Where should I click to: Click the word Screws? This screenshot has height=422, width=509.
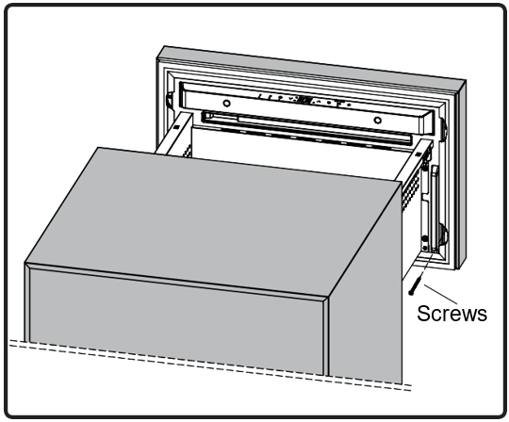pyautogui.click(x=452, y=314)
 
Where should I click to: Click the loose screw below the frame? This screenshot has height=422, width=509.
pyautogui.click(x=416, y=284)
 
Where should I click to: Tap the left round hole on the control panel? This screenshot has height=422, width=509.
pyautogui.click(x=226, y=104)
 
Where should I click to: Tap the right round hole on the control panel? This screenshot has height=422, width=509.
pyautogui.click(x=377, y=121)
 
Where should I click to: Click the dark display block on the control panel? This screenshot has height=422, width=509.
pyautogui.click(x=304, y=100)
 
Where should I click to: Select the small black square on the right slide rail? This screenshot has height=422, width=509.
pyautogui.click(x=419, y=154)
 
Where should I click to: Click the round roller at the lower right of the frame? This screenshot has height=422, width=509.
pyautogui.click(x=443, y=235)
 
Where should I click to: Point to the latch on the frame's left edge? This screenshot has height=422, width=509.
pyautogui.click(x=169, y=100)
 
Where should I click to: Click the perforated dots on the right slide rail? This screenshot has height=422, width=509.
pyautogui.click(x=410, y=187)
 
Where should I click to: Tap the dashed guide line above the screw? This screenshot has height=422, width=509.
pyautogui.click(x=427, y=263)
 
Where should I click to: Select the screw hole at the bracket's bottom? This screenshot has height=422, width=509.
pyautogui.click(x=425, y=248)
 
